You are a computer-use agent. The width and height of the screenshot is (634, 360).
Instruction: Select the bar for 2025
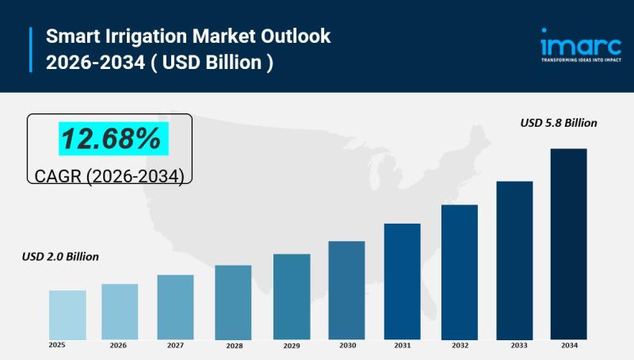pyautogui.click(x=67, y=315)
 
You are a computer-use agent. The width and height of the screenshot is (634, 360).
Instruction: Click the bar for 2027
pyautogui.click(x=175, y=307)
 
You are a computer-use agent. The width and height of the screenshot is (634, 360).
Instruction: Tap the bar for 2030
pyautogui.click(x=346, y=290)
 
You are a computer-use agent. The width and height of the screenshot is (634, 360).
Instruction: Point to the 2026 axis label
pyautogui.click(x=118, y=345)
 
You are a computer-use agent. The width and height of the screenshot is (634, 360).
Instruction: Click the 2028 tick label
pyautogui.click(x=234, y=346)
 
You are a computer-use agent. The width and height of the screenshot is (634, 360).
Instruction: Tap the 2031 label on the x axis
pyautogui.click(x=403, y=345)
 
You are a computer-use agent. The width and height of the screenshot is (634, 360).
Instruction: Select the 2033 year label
pyautogui.click(x=518, y=345)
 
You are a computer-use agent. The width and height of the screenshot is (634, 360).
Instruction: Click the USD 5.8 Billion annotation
pyautogui.click(x=558, y=123)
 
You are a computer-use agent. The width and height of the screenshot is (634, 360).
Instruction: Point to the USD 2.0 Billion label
pyautogui.click(x=60, y=257)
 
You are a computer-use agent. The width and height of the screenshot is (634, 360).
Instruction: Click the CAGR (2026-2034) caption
pyautogui.click(x=109, y=176)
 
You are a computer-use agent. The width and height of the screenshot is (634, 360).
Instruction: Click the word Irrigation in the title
pyautogui.click(x=141, y=36)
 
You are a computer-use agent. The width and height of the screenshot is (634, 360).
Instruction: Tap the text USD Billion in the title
pyautogui.click(x=216, y=62)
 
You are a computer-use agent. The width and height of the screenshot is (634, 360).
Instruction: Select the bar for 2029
pyautogui.click(x=292, y=297)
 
